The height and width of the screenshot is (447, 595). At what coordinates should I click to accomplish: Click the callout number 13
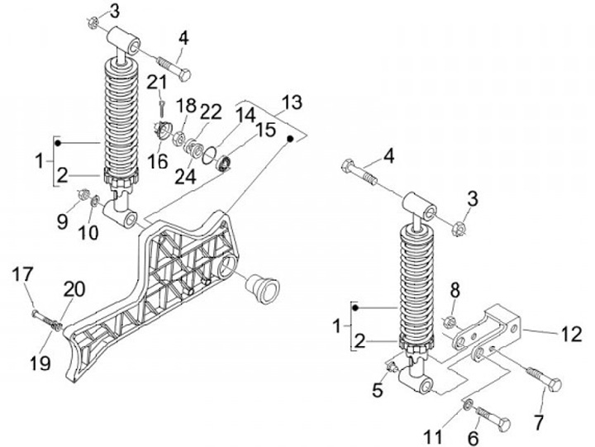click(x=291, y=103)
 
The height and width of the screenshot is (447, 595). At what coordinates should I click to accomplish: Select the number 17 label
click(x=24, y=274)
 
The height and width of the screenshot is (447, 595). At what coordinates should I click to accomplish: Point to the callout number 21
click(x=157, y=81)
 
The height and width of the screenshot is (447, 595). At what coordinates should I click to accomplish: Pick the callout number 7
click(x=538, y=423)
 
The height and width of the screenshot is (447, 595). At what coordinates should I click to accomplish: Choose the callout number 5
click(x=378, y=390)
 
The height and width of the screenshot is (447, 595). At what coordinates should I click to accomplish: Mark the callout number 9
click(x=64, y=221)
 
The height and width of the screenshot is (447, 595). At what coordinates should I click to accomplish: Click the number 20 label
click(x=74, y=288)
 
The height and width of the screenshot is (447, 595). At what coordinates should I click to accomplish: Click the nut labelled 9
click(x=84, y=194)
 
